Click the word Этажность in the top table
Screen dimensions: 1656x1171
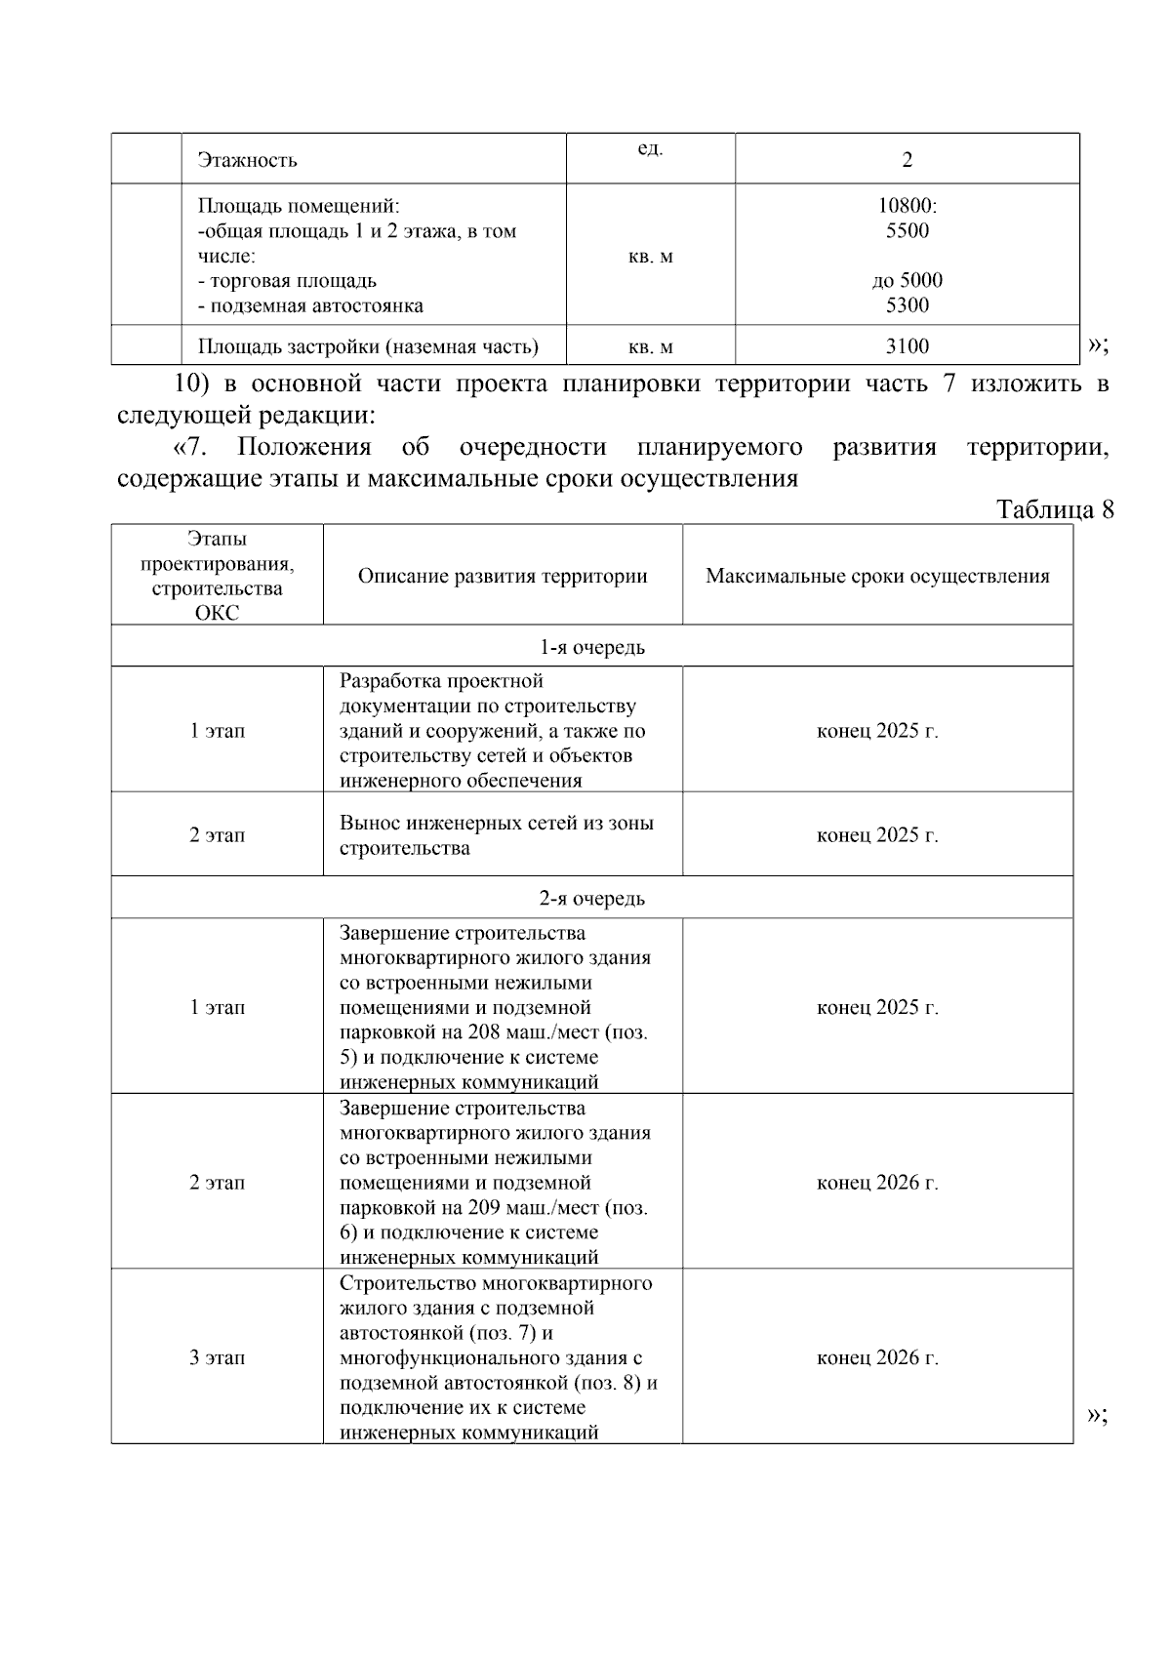(247, 160)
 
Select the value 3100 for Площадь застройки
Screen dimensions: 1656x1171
(907, 346)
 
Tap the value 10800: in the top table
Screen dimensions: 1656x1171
(907, 206)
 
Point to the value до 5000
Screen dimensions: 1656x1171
(907, 281)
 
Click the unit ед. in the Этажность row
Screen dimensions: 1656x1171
(650, 149)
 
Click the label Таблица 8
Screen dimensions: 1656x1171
(1054, 509)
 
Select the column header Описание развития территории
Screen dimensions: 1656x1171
(503, 576)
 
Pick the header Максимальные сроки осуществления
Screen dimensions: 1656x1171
(877, 576)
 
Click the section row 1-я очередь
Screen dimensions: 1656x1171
(591, 647)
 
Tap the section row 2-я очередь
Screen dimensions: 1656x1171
(591, 899)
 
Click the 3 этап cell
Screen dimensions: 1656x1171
(217, 1357)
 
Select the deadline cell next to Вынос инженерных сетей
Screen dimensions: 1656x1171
(877, 835)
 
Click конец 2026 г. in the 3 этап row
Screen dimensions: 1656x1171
(877, 1357)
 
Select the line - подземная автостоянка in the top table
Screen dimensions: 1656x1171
(310, 306)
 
